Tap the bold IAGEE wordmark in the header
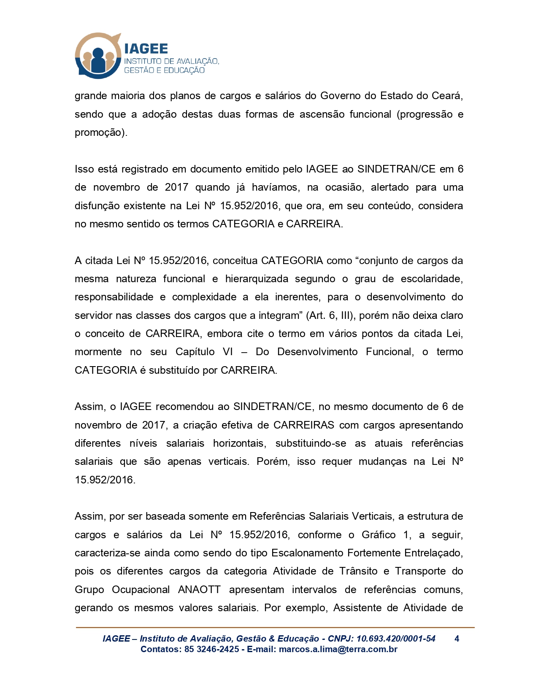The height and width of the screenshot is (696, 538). (x=146, y=49)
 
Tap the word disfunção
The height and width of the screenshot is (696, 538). (x=96, y=206)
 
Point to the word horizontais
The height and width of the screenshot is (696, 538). (x=239, y=443)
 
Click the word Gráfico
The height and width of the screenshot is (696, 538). (x=378, y=535)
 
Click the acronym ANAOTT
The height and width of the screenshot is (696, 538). (x=199, y=590)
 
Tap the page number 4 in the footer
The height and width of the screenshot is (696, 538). (x=457, y=639)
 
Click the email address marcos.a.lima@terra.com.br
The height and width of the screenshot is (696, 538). (x=338, y=649)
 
